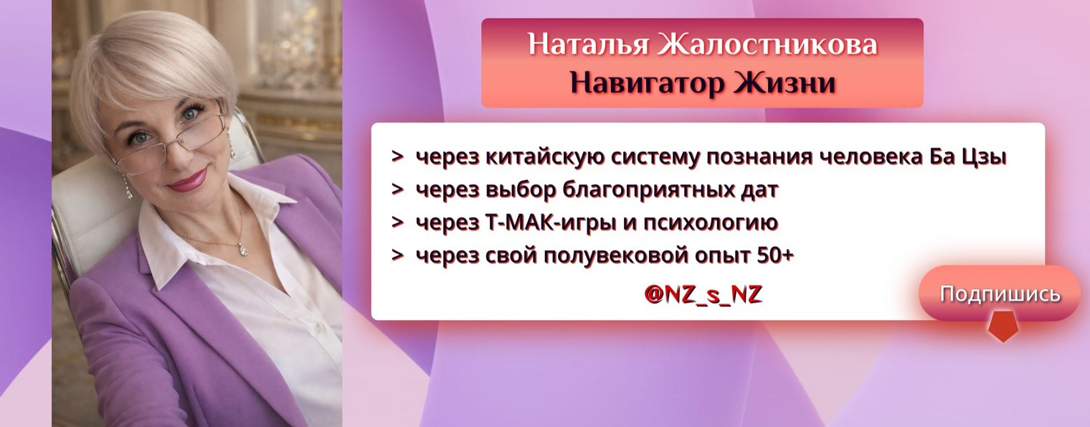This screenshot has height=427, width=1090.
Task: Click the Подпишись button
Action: (x=1000, y=294)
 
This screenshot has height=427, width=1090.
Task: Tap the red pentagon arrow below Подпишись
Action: (x=1002, y=327)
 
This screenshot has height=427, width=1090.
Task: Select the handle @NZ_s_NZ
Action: (x=703, y=294)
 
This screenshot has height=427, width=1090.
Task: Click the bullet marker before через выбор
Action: (x=397, y=190)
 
